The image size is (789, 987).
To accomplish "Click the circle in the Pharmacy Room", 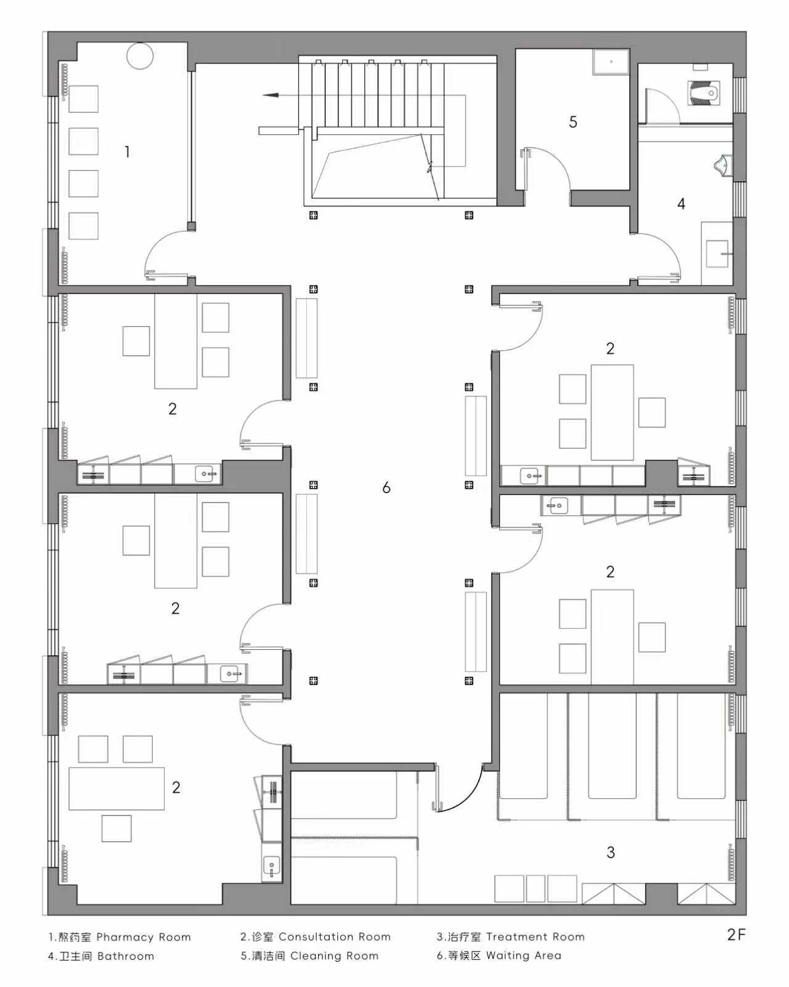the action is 140,56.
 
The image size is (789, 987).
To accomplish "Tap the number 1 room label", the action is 127,152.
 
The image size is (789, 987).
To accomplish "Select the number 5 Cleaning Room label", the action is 573,122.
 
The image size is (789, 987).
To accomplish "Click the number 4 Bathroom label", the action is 681,203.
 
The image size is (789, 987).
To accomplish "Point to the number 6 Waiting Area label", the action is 386,487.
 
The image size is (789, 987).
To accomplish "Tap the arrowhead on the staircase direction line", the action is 271,95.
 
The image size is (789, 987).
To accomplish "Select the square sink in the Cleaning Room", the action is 611,62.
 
